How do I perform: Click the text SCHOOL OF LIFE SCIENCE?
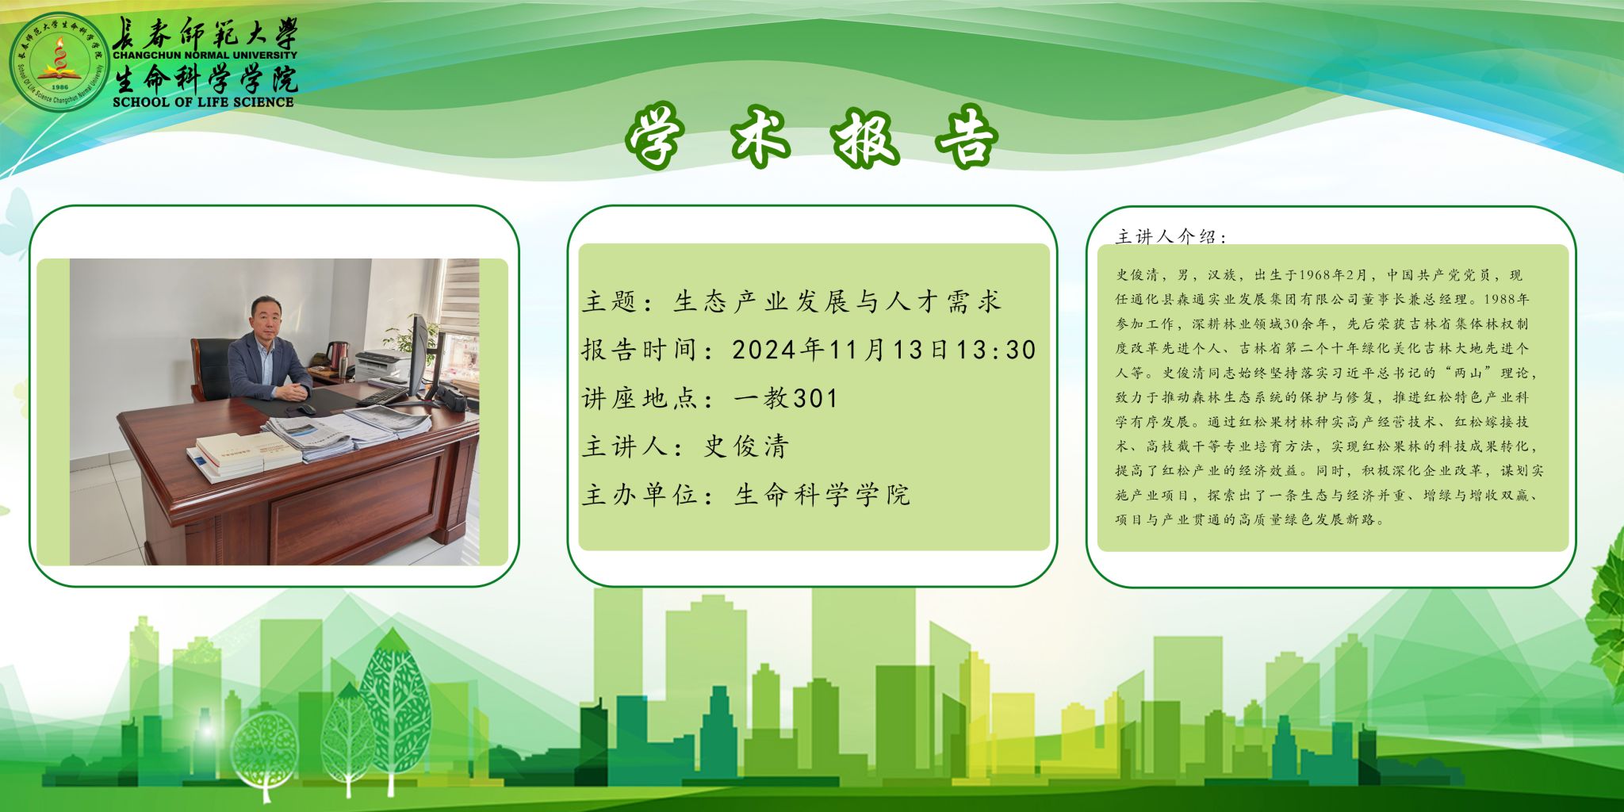click(203, 101)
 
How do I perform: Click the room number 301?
click(815, 398)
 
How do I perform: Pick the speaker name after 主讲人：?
click(746, 446)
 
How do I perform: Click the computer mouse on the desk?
click(304, 409)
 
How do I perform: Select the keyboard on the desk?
click(383, 394)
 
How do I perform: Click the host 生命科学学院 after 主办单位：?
click(822, 495)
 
